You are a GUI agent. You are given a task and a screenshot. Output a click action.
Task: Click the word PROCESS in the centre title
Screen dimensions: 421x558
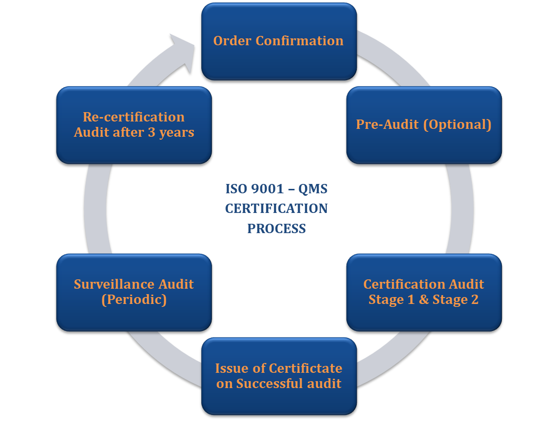[277, 229]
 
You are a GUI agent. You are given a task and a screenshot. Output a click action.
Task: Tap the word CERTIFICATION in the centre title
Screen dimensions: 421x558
[277, 209]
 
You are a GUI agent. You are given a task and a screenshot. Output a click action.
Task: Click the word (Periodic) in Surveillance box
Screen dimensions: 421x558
[134, 300]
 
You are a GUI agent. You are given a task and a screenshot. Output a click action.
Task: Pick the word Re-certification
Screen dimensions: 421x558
[134, 117]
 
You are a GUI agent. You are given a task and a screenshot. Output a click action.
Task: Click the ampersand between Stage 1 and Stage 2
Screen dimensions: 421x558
[424, 300]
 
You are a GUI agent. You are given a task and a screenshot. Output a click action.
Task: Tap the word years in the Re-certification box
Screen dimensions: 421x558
[177, 132]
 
